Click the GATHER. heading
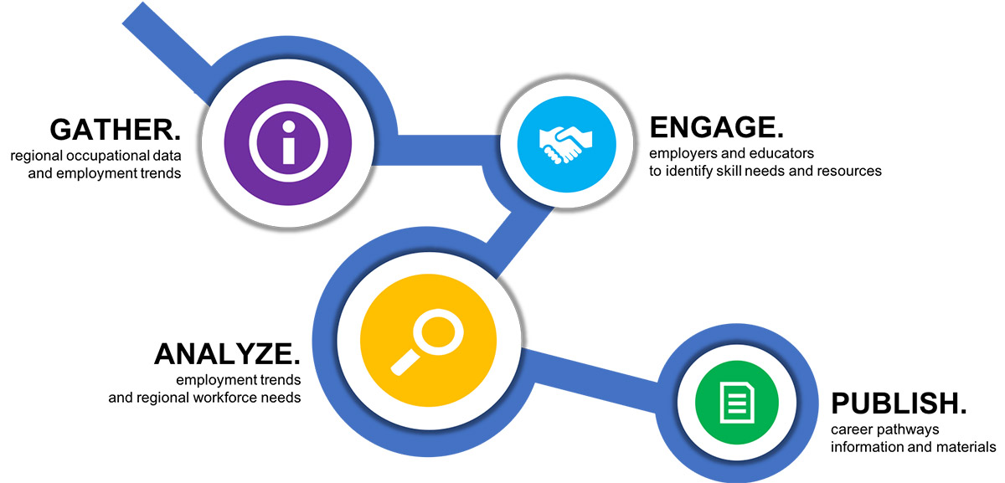click(x=116, y=130)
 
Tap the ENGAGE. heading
click(x=717, y=127)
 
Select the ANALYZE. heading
click(x=226, y=354)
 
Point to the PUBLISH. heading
click(x=899, y=403)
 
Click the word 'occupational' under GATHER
click(x=100, y=157)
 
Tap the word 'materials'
click(x=966, y=447)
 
